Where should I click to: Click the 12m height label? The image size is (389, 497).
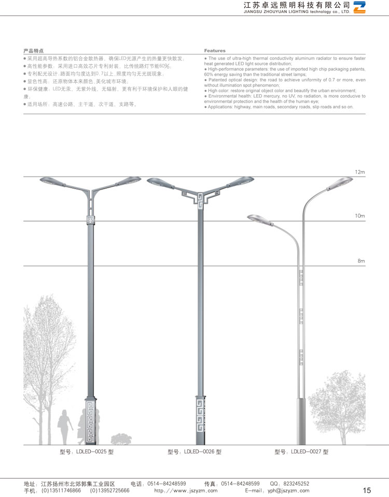click(x=360, y=172)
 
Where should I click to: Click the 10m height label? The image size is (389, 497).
click(x=360, y=216)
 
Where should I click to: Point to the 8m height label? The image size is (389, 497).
click(x=362, y=261)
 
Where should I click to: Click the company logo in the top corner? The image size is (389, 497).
click(x=359, y=7)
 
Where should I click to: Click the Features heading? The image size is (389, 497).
click(x=215, y=51)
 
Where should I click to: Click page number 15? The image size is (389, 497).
click(x=367, y=490)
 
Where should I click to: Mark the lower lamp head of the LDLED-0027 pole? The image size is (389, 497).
click(x=258, y=218)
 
